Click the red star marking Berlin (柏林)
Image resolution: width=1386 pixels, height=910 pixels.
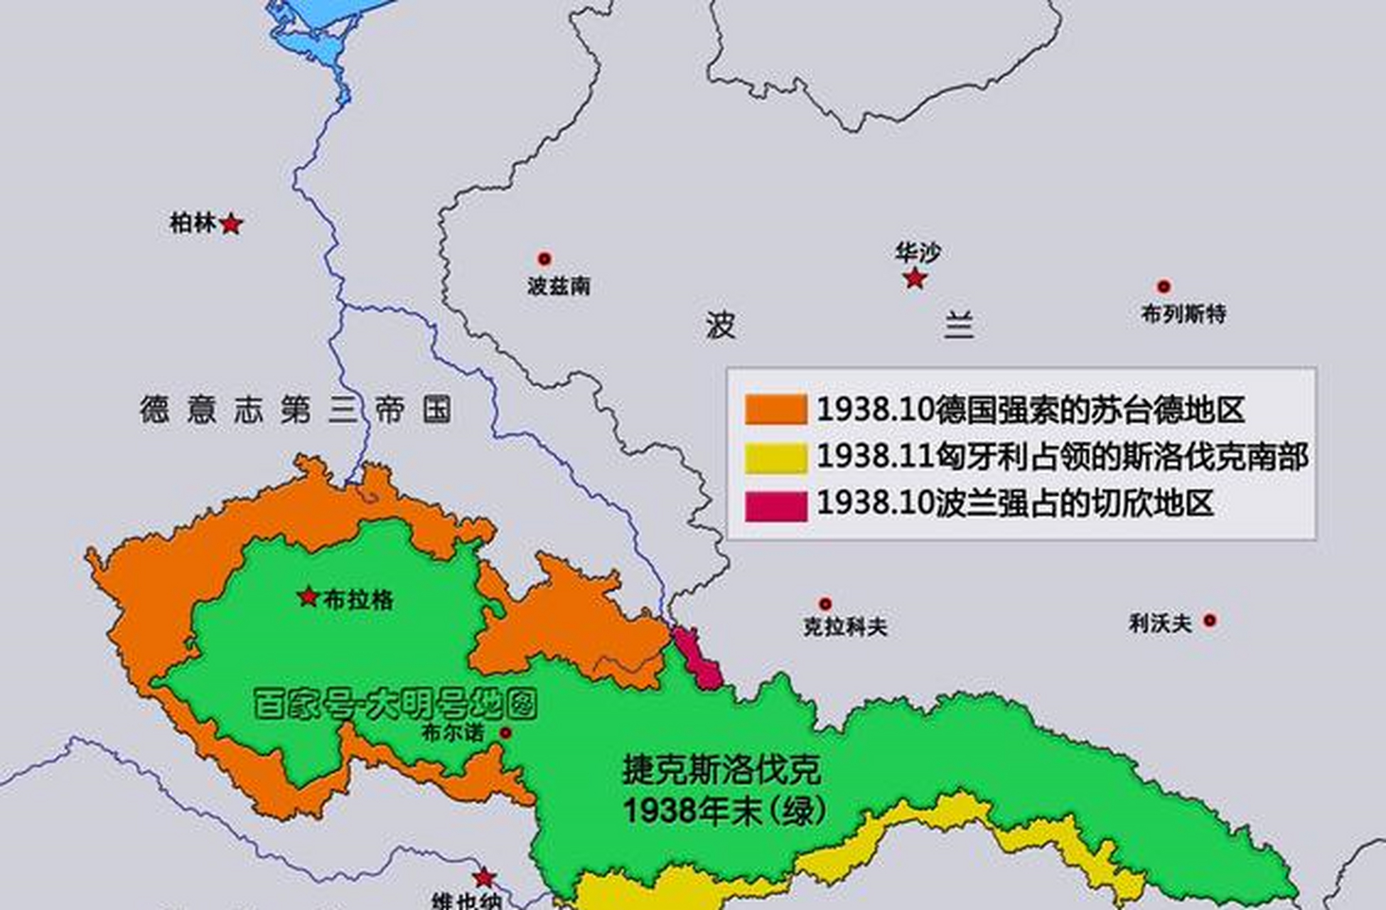click(231, 225)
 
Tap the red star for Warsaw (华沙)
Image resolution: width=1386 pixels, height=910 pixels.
click(915, 278)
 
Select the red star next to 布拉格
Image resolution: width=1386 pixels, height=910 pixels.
click(308, 596)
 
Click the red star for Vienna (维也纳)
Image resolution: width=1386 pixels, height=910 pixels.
click(484, 877)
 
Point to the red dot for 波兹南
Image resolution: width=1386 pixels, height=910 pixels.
click(544, 258)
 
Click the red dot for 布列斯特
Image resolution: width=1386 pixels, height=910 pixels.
click(1164, 287)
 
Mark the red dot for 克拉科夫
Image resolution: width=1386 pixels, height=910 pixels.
click(825, 604)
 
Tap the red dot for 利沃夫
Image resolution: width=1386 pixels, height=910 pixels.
click(1209, 621)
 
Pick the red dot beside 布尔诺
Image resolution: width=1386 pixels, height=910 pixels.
click(505, 732)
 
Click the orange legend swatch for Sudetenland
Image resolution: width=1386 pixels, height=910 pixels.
click(775, 410)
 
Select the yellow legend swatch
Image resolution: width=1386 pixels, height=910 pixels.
click(775, 458)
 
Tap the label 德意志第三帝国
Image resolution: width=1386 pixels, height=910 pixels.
click(295, 410)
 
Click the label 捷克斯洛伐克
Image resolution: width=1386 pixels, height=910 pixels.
click(721, 770)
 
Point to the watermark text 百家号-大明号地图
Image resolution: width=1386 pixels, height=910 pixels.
click(395, 705)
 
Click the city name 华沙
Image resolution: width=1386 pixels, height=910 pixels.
click(918, 252)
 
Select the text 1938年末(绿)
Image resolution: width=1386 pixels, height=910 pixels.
click(725, 810)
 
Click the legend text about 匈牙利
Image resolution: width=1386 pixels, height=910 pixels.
click(1063, 456)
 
